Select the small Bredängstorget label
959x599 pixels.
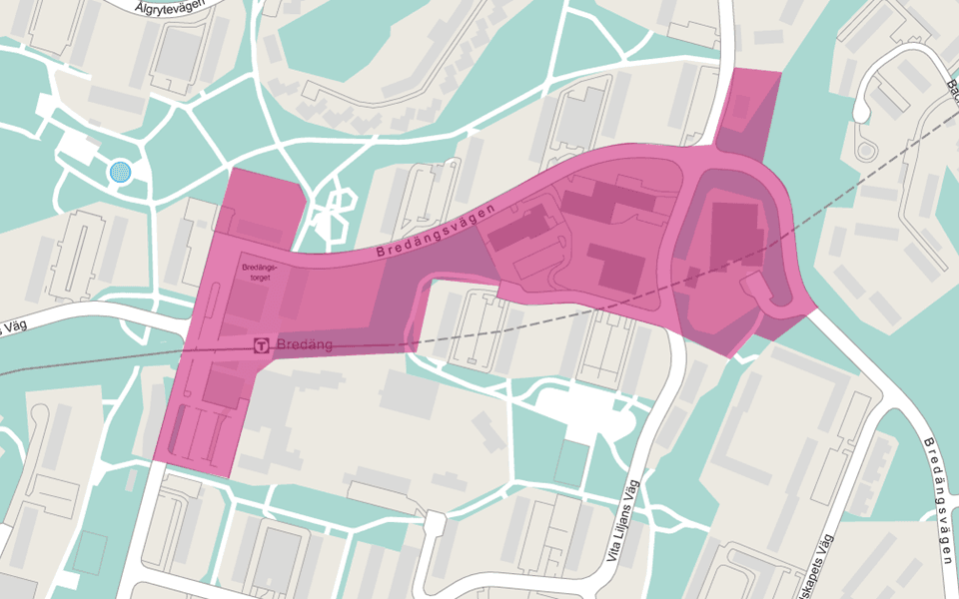(257, 274)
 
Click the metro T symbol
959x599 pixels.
(262, 344)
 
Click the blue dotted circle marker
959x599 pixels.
(120, 173)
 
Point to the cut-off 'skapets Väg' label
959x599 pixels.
(813, 569)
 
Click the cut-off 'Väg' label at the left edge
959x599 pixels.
(12, 328)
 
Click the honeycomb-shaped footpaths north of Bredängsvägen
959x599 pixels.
(333, 210)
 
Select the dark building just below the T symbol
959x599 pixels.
(225, 384)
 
